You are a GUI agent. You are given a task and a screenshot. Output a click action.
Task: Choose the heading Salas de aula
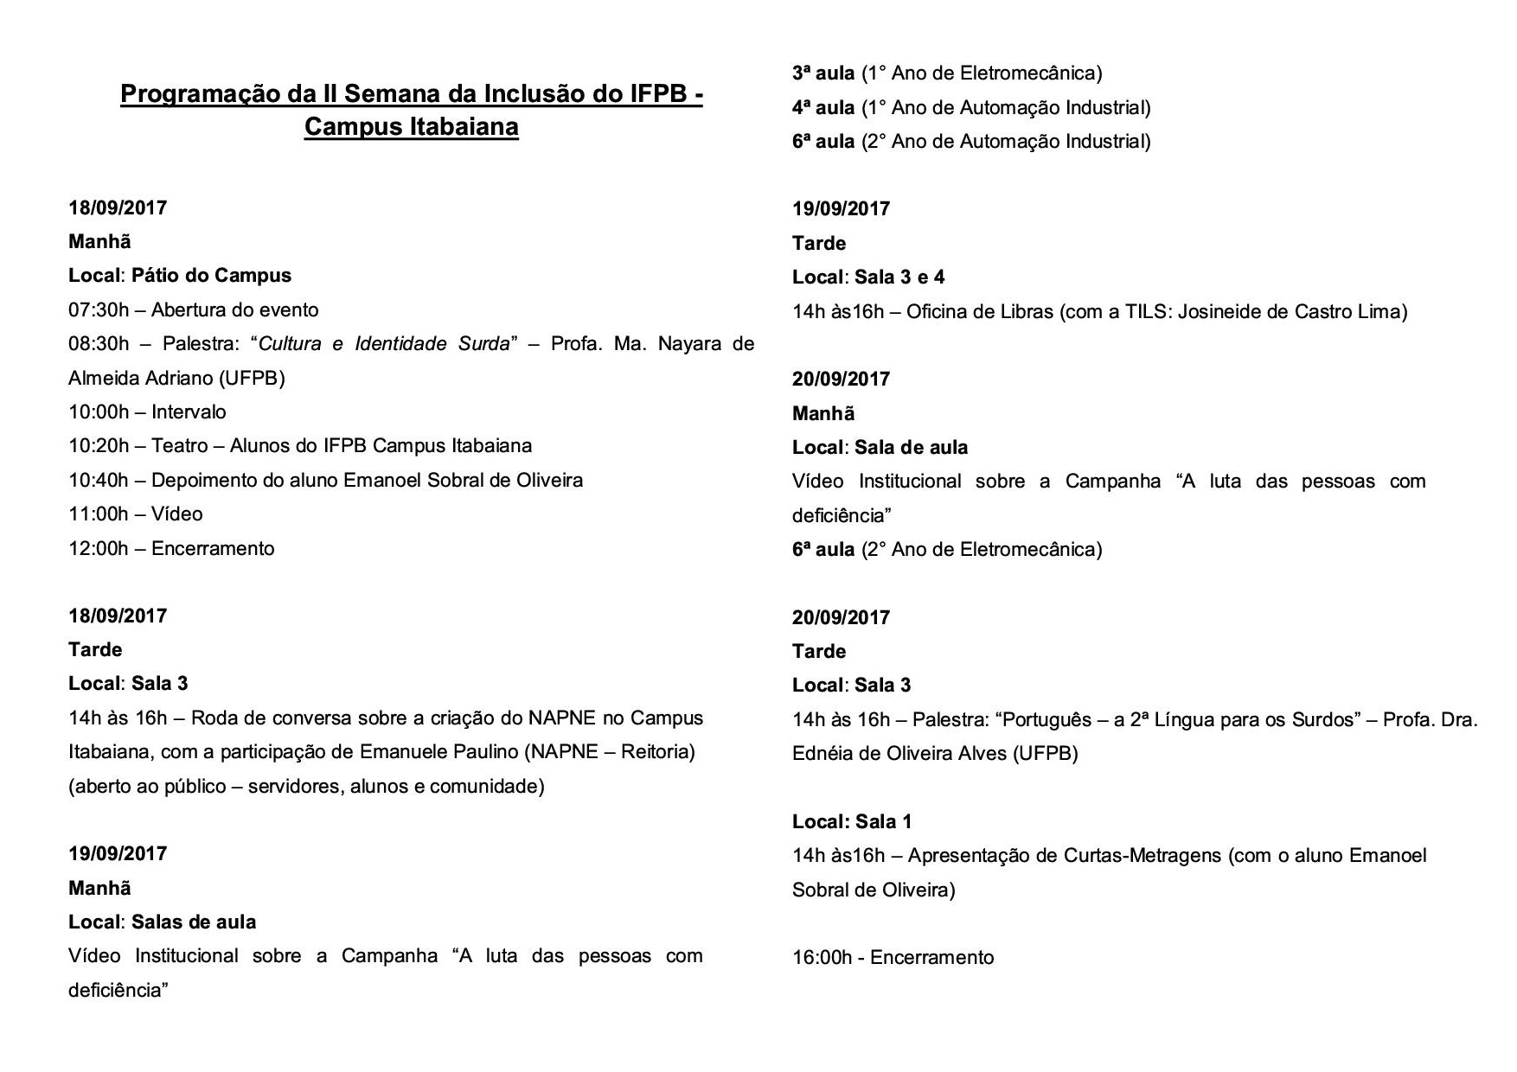click(194, 922)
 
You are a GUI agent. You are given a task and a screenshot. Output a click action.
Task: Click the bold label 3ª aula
click(823, 73)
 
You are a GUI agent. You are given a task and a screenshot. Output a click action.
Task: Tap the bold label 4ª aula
click(823, 108)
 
